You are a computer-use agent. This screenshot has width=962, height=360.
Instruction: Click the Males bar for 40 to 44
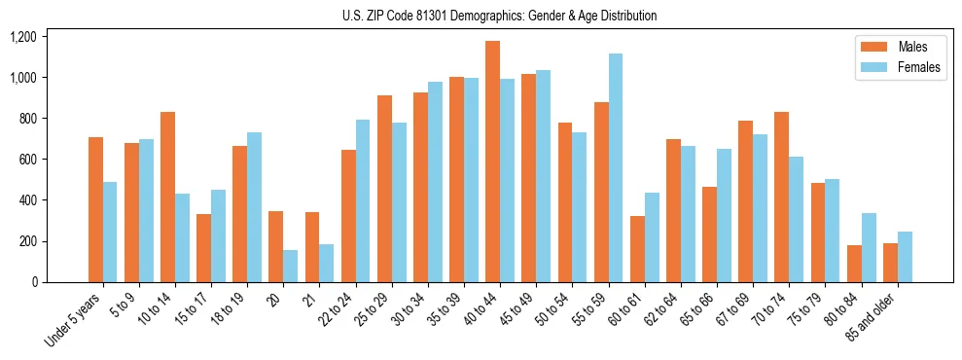[492, 162]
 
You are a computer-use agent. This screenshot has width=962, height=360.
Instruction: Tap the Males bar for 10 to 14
[167, 197]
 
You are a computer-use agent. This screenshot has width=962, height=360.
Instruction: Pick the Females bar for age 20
[290, 266]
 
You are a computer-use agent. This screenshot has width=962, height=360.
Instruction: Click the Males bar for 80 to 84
[854, 264]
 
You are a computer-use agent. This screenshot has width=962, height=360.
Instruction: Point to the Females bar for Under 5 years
[110, 232]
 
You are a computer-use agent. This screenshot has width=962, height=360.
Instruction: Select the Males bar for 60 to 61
[637, 249]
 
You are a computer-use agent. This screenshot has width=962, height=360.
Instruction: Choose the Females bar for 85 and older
[905, 257]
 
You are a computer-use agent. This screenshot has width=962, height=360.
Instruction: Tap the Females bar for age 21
[326, 263]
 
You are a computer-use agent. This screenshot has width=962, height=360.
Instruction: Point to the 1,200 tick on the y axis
[22, 37]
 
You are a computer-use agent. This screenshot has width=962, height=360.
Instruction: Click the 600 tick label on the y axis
[26, 160]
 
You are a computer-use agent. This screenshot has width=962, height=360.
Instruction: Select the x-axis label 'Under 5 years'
[76, 320]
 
